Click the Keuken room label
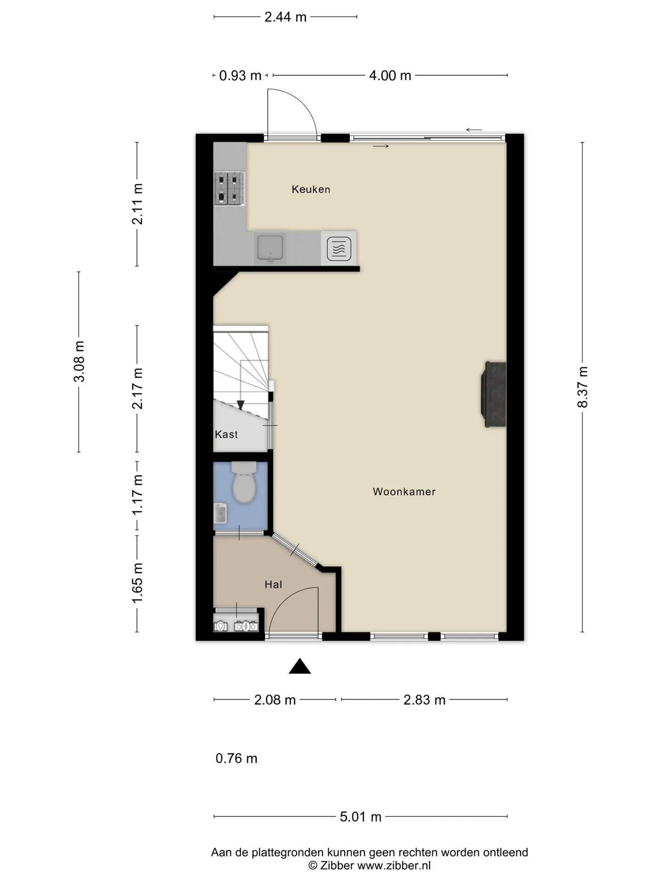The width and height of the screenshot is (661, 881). [x=311, y=189]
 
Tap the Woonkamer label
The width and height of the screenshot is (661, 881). [x=404, y=491]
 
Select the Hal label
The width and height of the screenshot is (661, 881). [x=273, y=584]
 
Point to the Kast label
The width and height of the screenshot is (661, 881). [x=226, y=434]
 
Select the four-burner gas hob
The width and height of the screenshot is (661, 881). [x=229, y=188]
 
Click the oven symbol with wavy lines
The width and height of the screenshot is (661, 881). [x=339, y=249]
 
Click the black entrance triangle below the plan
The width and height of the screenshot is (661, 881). [x=300, y=666]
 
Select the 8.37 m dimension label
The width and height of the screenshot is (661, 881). [x=583, y=387]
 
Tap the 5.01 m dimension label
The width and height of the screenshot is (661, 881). [x=360, y=817]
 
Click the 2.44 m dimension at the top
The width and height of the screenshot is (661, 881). [x=285, y=17]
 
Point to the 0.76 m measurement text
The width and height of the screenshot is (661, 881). [x=236, y=758]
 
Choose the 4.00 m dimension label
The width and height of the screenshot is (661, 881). [x=390, y=75]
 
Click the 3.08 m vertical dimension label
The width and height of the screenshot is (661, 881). [x=79, y=362]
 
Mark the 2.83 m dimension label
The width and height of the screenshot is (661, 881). [x=424, y=700]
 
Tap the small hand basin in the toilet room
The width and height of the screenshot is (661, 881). [x=220, y=513]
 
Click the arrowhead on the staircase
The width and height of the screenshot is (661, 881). [x=240, y=405]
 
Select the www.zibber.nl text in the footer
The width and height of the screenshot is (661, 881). [x=394, y=865]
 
